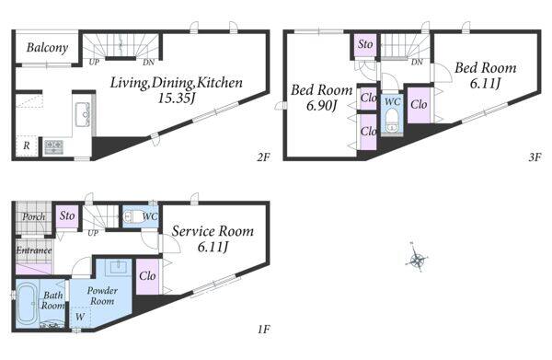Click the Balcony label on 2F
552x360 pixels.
pos(47,48)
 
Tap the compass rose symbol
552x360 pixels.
pos(418,261)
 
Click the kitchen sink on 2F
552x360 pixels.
pos(83,114)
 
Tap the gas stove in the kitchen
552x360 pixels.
pos(54,146)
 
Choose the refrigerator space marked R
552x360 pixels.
pos(27,145)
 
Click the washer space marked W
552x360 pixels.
pos(81,317)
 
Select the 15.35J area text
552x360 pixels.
pos(176,98)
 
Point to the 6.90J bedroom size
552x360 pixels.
pos(322,105)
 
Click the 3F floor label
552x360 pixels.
pos(535,157)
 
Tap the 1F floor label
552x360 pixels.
pos(263,330)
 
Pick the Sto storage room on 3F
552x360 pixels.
pos(365,44)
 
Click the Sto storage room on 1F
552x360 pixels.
pos(67,215)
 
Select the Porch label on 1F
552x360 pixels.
pos(34,216)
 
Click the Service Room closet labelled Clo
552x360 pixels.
pos(147,276)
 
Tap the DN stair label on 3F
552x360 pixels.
pos(417,63)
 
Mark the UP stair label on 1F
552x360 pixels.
pos(93,233)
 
